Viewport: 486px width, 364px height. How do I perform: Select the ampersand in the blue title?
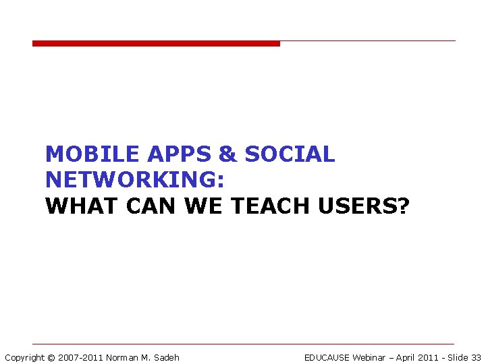[228, 154]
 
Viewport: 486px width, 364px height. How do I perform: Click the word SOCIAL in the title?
[290, 154]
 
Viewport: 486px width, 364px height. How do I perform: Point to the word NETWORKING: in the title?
[135, 180]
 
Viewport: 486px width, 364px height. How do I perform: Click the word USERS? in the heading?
[364, 206]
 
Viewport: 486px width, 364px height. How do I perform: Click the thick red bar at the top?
[156, 44]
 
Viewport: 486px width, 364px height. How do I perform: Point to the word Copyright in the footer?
[24, 357]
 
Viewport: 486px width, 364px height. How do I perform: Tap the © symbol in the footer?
[51, 357]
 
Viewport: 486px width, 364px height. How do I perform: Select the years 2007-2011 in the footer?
[80, 357]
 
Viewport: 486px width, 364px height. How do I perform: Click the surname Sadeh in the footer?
[166, 357]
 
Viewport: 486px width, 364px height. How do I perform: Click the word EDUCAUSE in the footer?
[327, 357]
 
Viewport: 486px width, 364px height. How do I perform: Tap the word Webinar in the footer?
[369, 357]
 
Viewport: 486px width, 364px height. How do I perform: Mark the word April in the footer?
[406, 357]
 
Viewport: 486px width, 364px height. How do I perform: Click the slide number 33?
[476, 357]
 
